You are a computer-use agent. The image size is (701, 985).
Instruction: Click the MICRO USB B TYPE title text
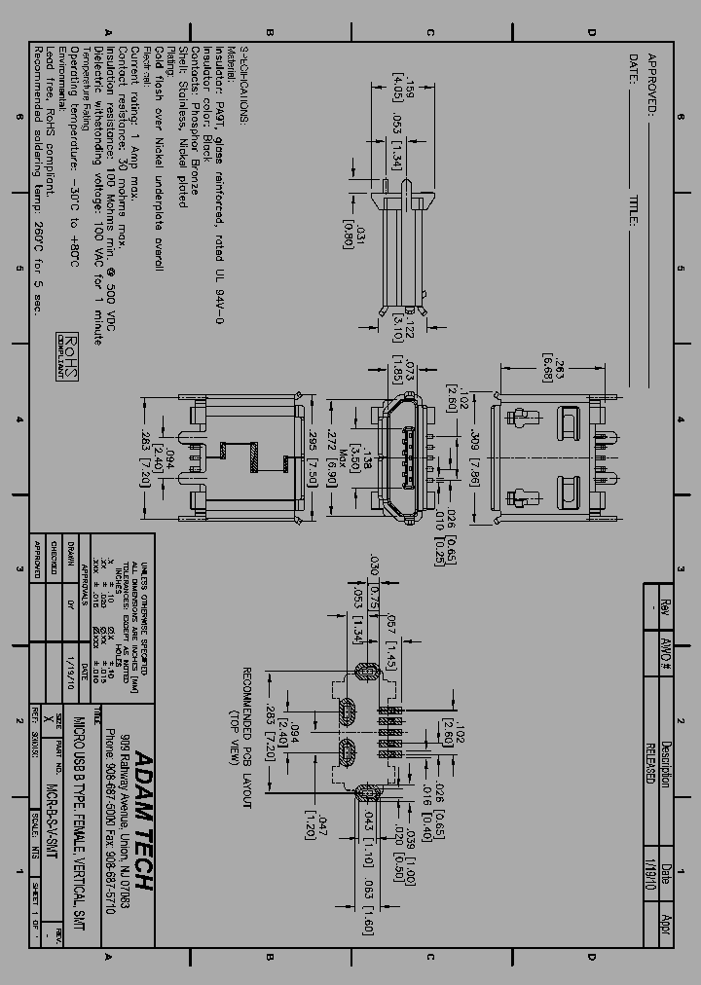79,818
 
